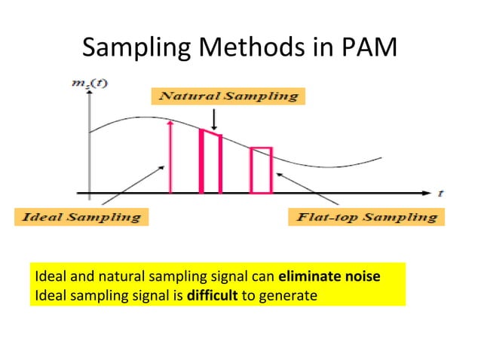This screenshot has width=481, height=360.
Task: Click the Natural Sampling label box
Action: click(x=225, y=96)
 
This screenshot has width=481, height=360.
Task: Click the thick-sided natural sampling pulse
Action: click(x=210, y=162)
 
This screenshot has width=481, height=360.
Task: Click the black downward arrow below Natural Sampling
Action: click(x=214, y=119)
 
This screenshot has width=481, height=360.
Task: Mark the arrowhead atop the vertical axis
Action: click(x=90, y=96)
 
